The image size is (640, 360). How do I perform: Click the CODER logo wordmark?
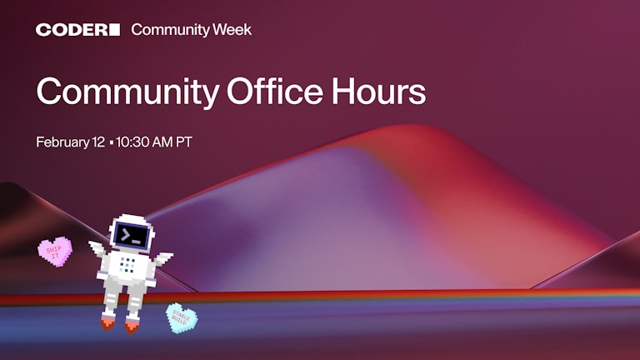[x=72, y=30]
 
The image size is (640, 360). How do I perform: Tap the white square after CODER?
[x=114, y=30]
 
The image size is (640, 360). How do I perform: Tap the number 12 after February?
[x=97, y=142]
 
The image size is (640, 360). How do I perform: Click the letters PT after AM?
[x=183, y=142]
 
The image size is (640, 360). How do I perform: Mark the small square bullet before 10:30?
[x=112, y=142]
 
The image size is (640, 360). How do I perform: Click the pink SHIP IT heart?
[x=55, y=250]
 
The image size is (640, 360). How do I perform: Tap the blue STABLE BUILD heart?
[x=182, y=317]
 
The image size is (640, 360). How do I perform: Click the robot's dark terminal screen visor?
[x=132, y=236]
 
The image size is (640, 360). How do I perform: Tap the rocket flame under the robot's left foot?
[x=107, y=322]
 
